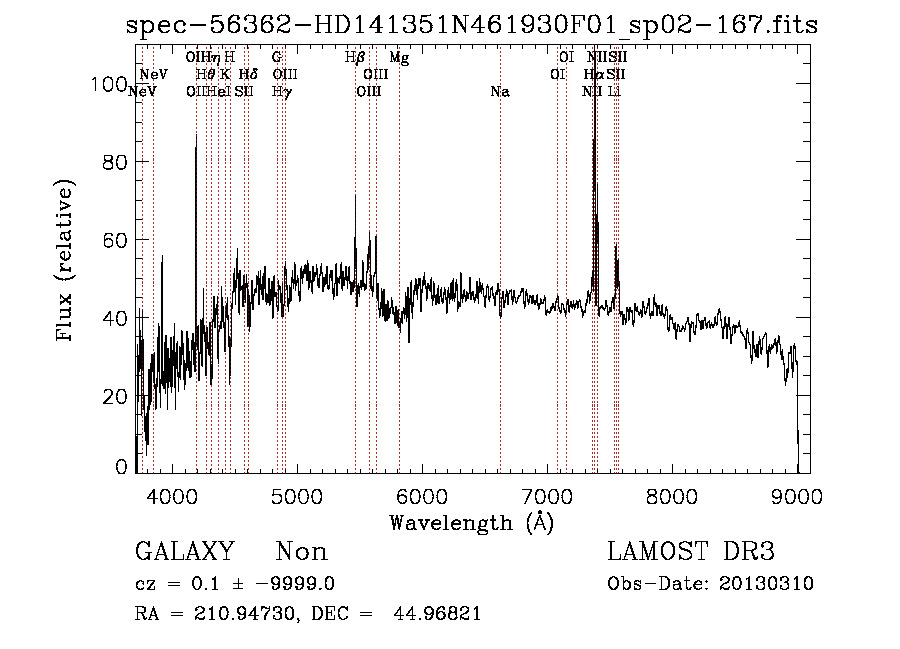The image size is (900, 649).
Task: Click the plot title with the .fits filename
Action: point(472,25)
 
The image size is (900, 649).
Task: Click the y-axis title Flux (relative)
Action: point(67,262)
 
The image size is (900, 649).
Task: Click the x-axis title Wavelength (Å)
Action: point(471,522)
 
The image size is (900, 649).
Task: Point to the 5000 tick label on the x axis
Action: point(295,496)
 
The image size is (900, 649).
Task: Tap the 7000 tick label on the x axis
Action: point(547,496)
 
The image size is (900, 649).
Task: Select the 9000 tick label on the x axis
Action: point(797,496)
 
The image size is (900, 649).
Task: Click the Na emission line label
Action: point(500,92)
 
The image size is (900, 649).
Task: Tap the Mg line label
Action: point(399,58)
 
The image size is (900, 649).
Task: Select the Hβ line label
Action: point(355,58)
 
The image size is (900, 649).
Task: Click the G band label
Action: point(277,58)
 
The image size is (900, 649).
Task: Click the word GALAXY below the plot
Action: point(184,552)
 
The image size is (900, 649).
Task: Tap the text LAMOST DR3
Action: point(691,552)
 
